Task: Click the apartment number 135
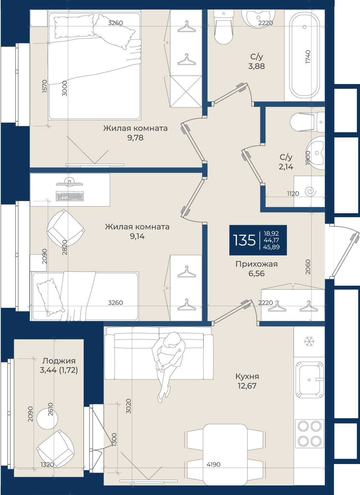coord(244,240)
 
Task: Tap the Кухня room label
coord(247,376)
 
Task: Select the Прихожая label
coord(256,264)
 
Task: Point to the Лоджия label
coord(59,361)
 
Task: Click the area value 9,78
coord(135,138)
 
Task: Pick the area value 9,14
coord(137,236)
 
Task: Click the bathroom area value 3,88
coord(256,66)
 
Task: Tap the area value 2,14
coord(286,167)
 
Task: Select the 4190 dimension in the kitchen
coord(214,464)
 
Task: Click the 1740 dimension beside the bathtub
coord(308,57)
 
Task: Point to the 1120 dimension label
coord(293,193)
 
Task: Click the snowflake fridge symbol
coord(309,341)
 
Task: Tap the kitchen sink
coord(309,379)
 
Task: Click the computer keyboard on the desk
coord(70,196)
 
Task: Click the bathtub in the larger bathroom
coord(305,55)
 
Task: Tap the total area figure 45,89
coord(271,247)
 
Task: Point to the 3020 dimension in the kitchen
coord(128,406)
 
